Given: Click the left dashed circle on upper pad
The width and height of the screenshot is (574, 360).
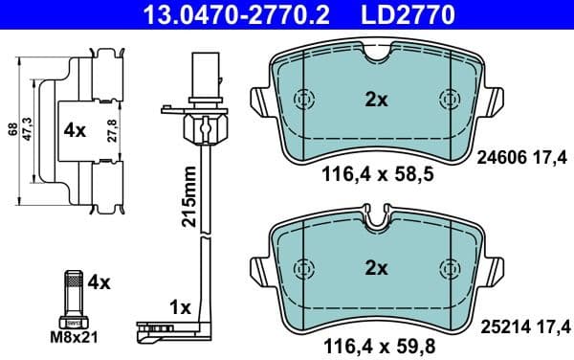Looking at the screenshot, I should tap(305, 99).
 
